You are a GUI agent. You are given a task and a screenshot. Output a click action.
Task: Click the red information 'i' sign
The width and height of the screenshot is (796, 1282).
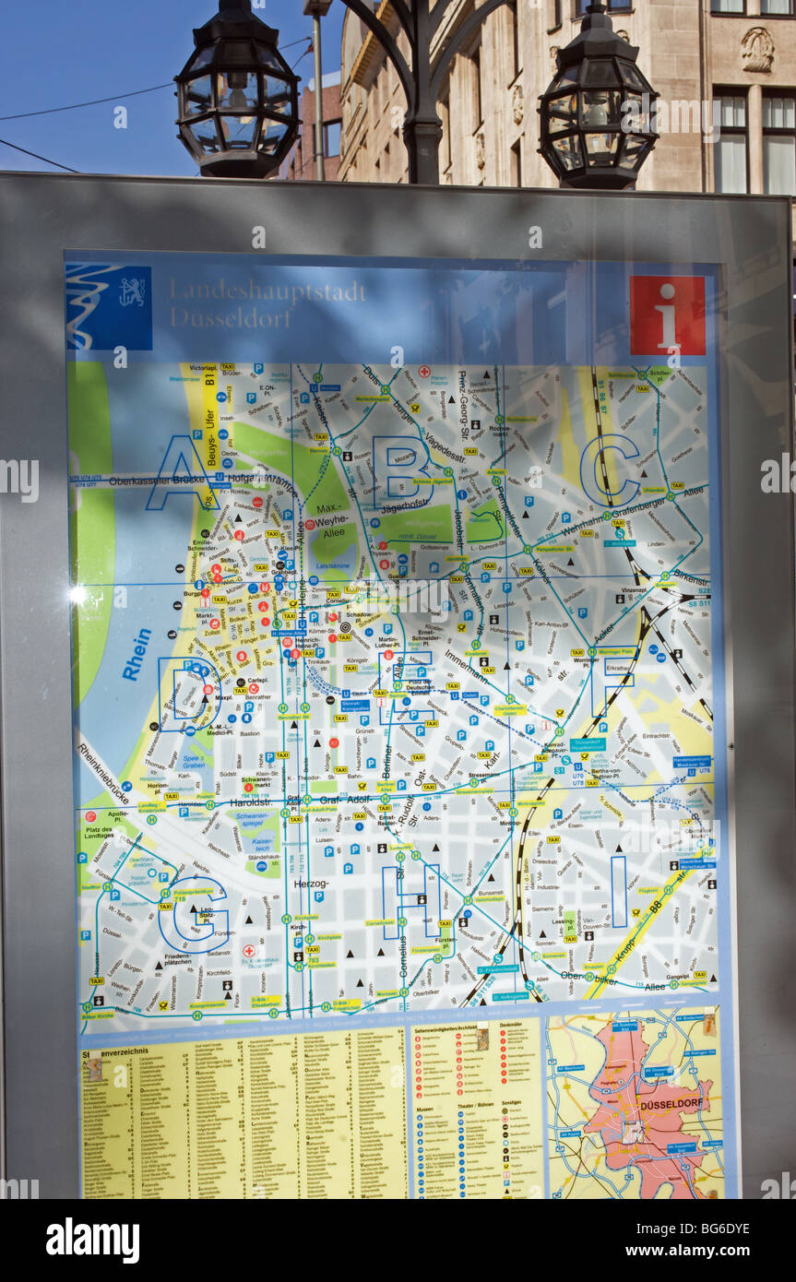pyautogui.click(x=667, y=315)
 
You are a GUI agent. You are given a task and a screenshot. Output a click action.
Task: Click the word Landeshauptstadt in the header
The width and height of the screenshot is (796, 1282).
pyautogui.click(x=267, y=291)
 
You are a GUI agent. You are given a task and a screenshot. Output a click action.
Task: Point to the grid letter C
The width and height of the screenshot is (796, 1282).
pyautogui.click(x=610, y=470)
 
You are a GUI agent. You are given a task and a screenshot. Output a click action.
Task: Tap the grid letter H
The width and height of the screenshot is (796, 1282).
pyautogui.click(x=410, y=900)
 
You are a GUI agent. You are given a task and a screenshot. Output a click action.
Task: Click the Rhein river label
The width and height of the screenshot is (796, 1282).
pyautogui.click(x=137, y=654)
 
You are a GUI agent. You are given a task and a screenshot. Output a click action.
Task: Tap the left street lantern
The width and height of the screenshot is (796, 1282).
pyautogui.click(x=236, y=97)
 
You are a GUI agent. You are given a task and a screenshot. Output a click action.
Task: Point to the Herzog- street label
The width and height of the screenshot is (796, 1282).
pyautogui.click(x=310, y=884)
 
